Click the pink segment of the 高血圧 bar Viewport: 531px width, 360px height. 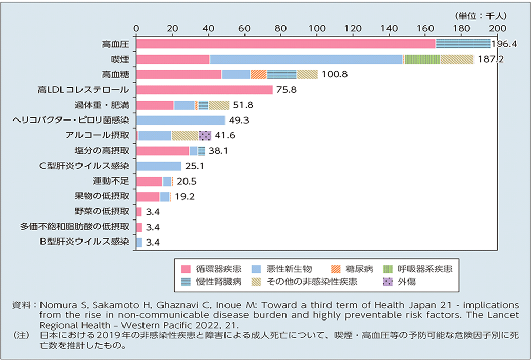click(x=286, y=44)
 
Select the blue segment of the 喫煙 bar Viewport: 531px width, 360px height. click(x=306, y=59)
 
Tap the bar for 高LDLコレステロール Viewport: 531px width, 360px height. click(x=205, y=90)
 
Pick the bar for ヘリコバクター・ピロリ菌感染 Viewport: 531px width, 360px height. click(x=181, y=121)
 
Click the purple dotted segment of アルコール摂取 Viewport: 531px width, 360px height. click(x=205, y=136)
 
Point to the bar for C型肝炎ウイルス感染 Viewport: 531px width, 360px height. click(x=159, y=166)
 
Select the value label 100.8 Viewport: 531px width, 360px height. click(x=335, y=75)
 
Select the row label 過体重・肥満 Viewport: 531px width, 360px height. click(x=101, y=105)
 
